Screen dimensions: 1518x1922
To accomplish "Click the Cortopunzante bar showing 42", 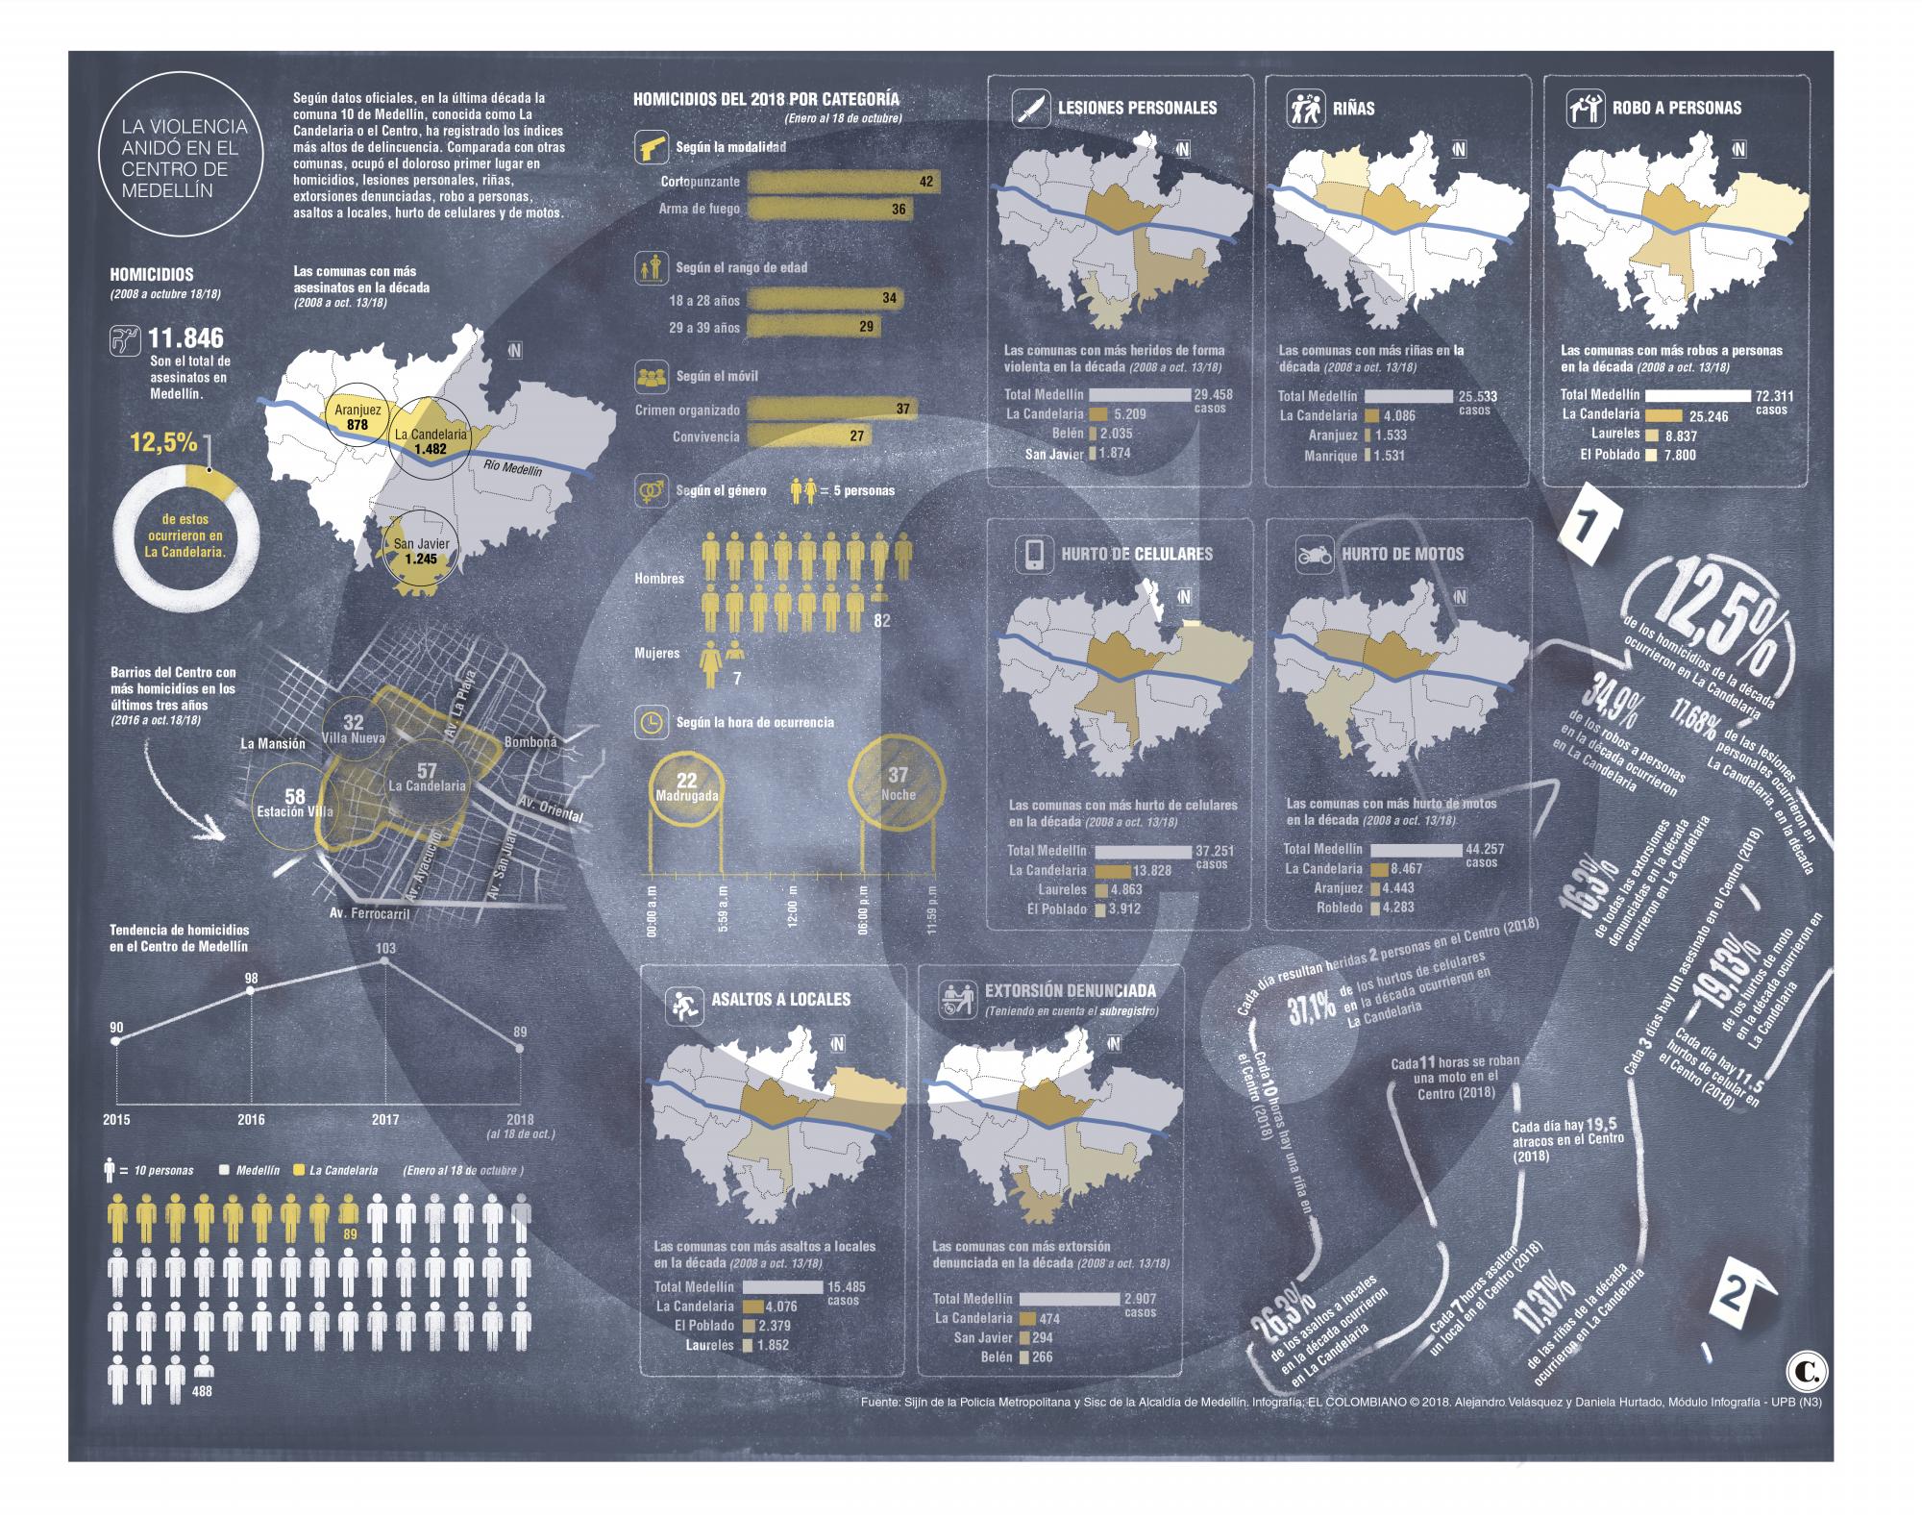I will click(842, 182).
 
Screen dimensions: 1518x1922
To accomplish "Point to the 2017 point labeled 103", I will click(385, 962).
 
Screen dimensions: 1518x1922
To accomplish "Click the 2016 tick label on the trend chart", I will click(251, 1119).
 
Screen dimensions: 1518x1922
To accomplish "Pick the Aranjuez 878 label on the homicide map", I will click(357, 416).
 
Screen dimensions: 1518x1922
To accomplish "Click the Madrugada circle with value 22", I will click(686, 786).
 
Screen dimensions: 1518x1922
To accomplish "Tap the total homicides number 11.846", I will click(185, 338).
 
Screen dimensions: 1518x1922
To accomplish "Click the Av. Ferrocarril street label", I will click(369, 912).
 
